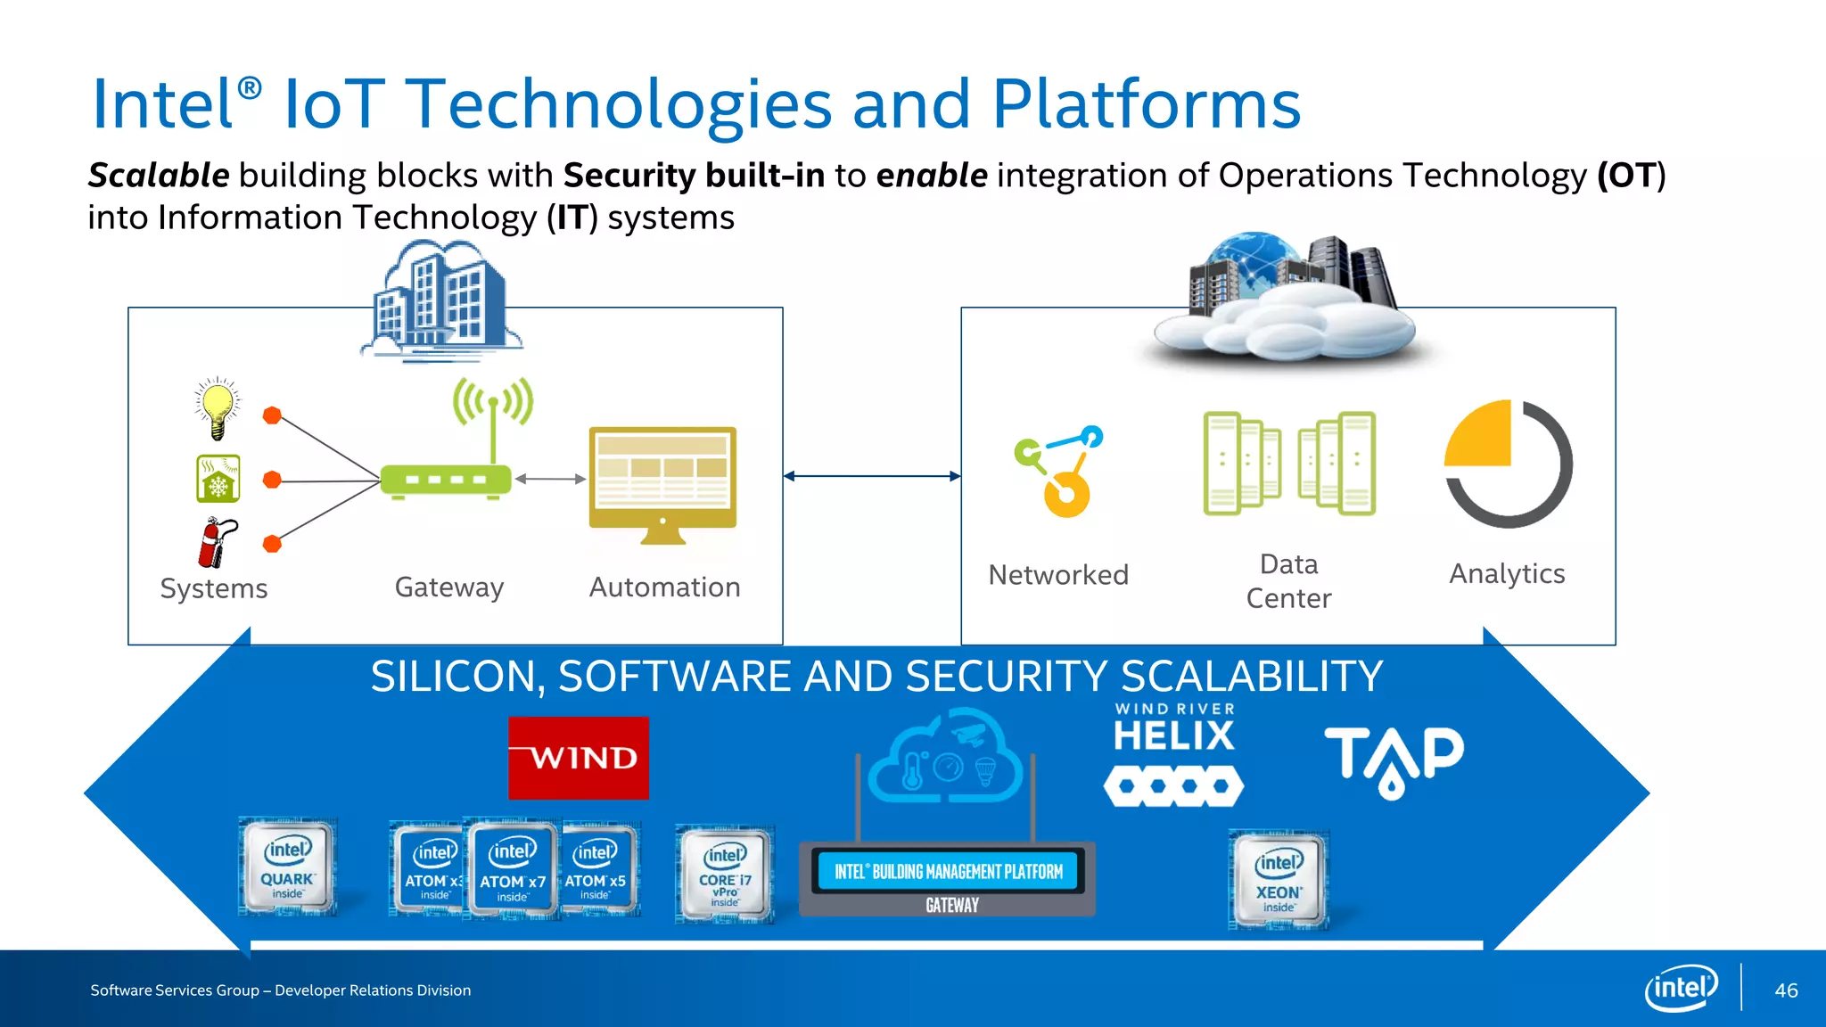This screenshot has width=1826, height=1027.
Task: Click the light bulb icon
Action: pos(218,408)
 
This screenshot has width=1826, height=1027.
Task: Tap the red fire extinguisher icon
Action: pos(216,543)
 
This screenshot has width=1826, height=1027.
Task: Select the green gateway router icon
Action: pos(446,480)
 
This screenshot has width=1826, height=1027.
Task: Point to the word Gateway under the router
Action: pos(449,587)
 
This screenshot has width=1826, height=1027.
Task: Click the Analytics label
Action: pos(1507,574)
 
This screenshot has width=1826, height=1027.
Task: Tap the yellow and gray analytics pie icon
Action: pos(1508,464)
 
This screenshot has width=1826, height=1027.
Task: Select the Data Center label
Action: pos(1288,581)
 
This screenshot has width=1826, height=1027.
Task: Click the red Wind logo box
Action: pos(579,758)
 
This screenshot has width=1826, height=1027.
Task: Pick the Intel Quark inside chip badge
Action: pos(287,867)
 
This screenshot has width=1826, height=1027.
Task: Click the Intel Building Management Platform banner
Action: pos(948,872)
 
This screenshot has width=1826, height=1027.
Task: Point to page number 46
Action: pos(1786,990)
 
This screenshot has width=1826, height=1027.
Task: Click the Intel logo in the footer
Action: pos(1681,988)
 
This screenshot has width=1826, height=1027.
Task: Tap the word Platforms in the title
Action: pos(1146,105)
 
